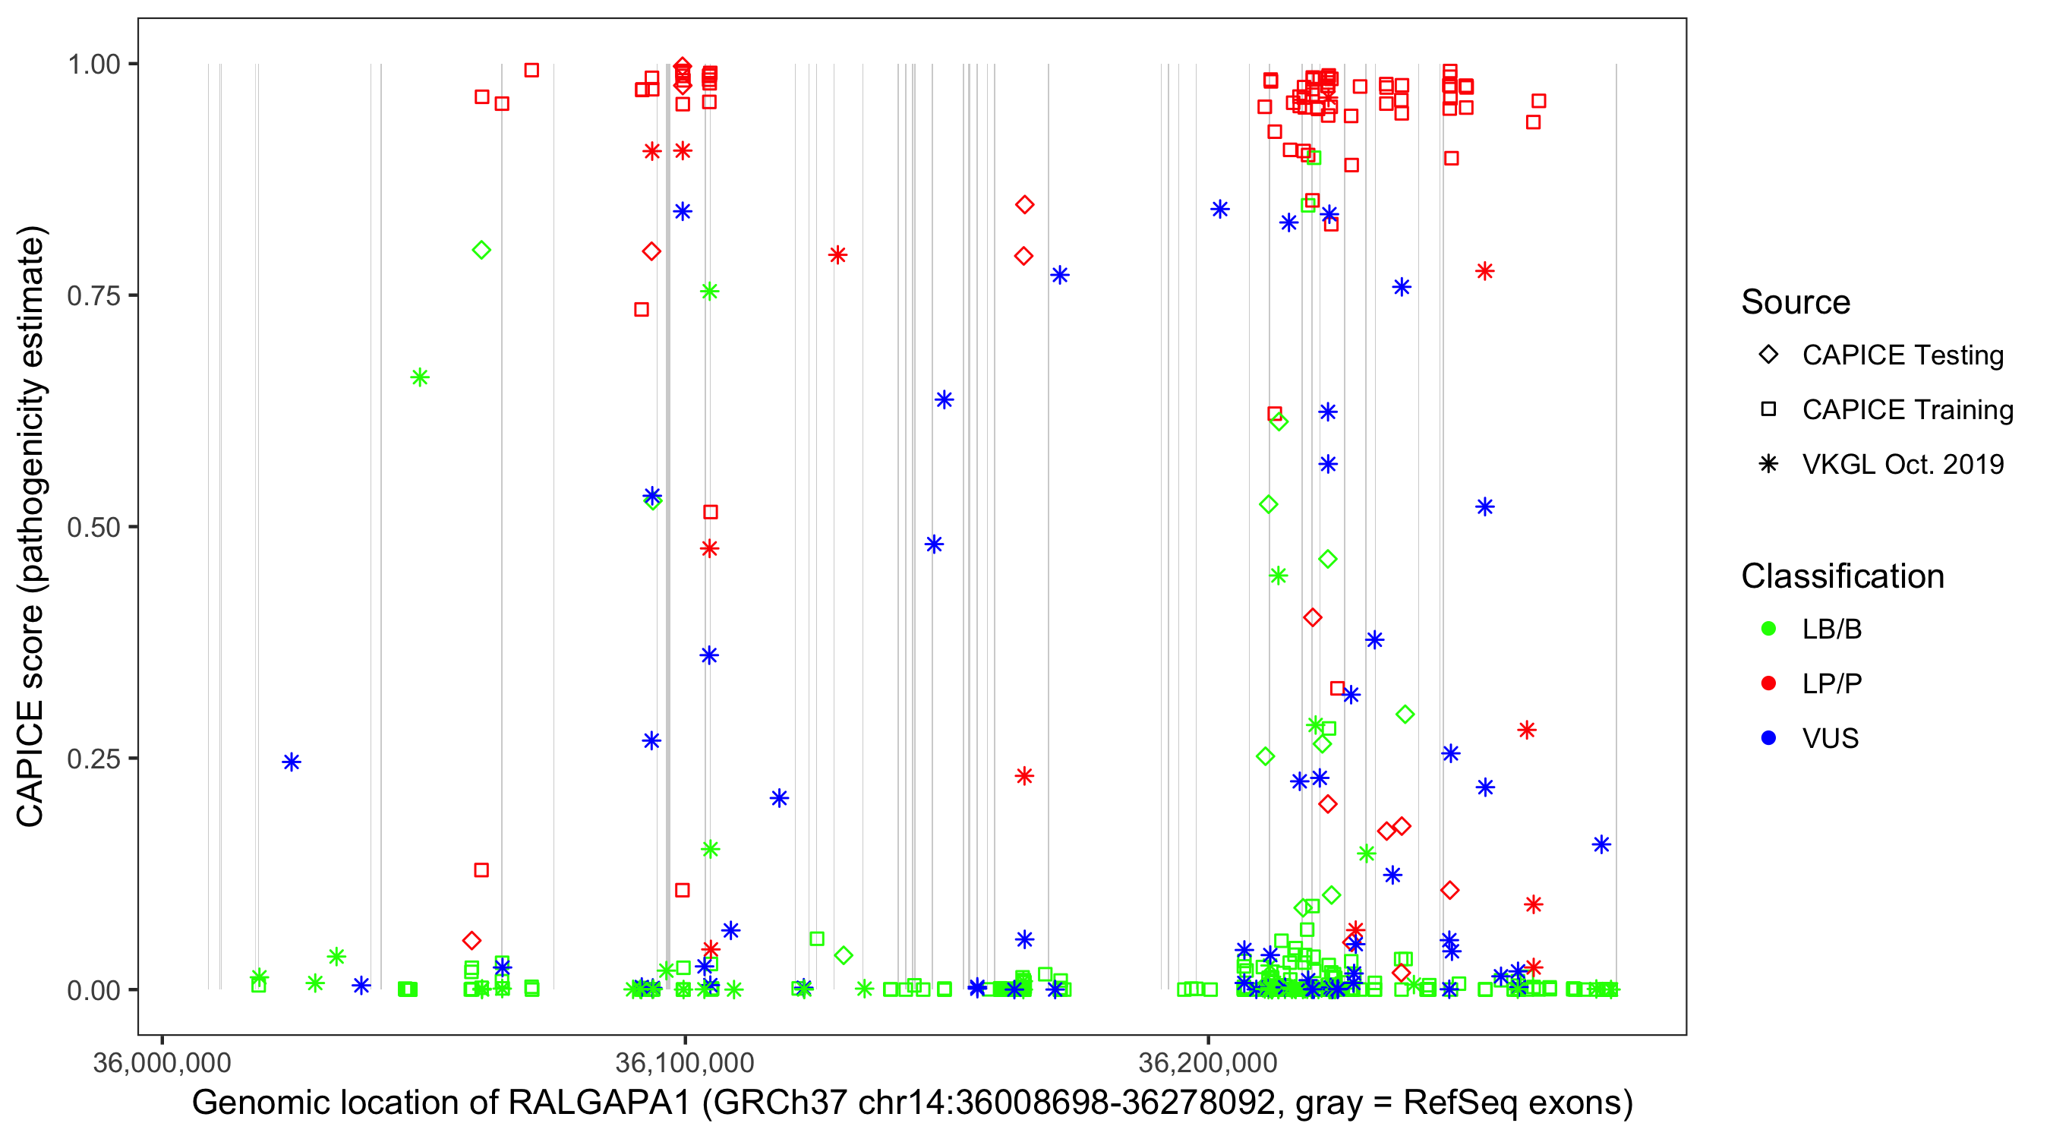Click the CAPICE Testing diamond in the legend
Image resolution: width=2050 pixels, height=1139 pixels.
1768,355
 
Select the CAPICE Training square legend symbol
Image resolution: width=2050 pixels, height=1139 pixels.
1768,410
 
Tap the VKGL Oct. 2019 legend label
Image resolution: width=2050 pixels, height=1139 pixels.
1903,464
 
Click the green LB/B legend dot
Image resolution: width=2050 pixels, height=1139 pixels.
1768,629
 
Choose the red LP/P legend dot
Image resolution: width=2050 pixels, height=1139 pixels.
1768,683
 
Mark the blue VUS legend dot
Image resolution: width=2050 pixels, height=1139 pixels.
1768,738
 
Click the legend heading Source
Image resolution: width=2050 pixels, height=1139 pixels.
1796,302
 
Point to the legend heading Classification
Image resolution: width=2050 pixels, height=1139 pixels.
1842,576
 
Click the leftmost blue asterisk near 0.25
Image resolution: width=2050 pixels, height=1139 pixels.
292,762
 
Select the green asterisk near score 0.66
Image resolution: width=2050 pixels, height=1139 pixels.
419,377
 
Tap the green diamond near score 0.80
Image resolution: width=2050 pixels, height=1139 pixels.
481,250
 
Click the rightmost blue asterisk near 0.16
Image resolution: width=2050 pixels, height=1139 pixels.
1601,844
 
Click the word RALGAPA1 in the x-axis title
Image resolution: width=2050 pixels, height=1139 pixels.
598,1103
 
